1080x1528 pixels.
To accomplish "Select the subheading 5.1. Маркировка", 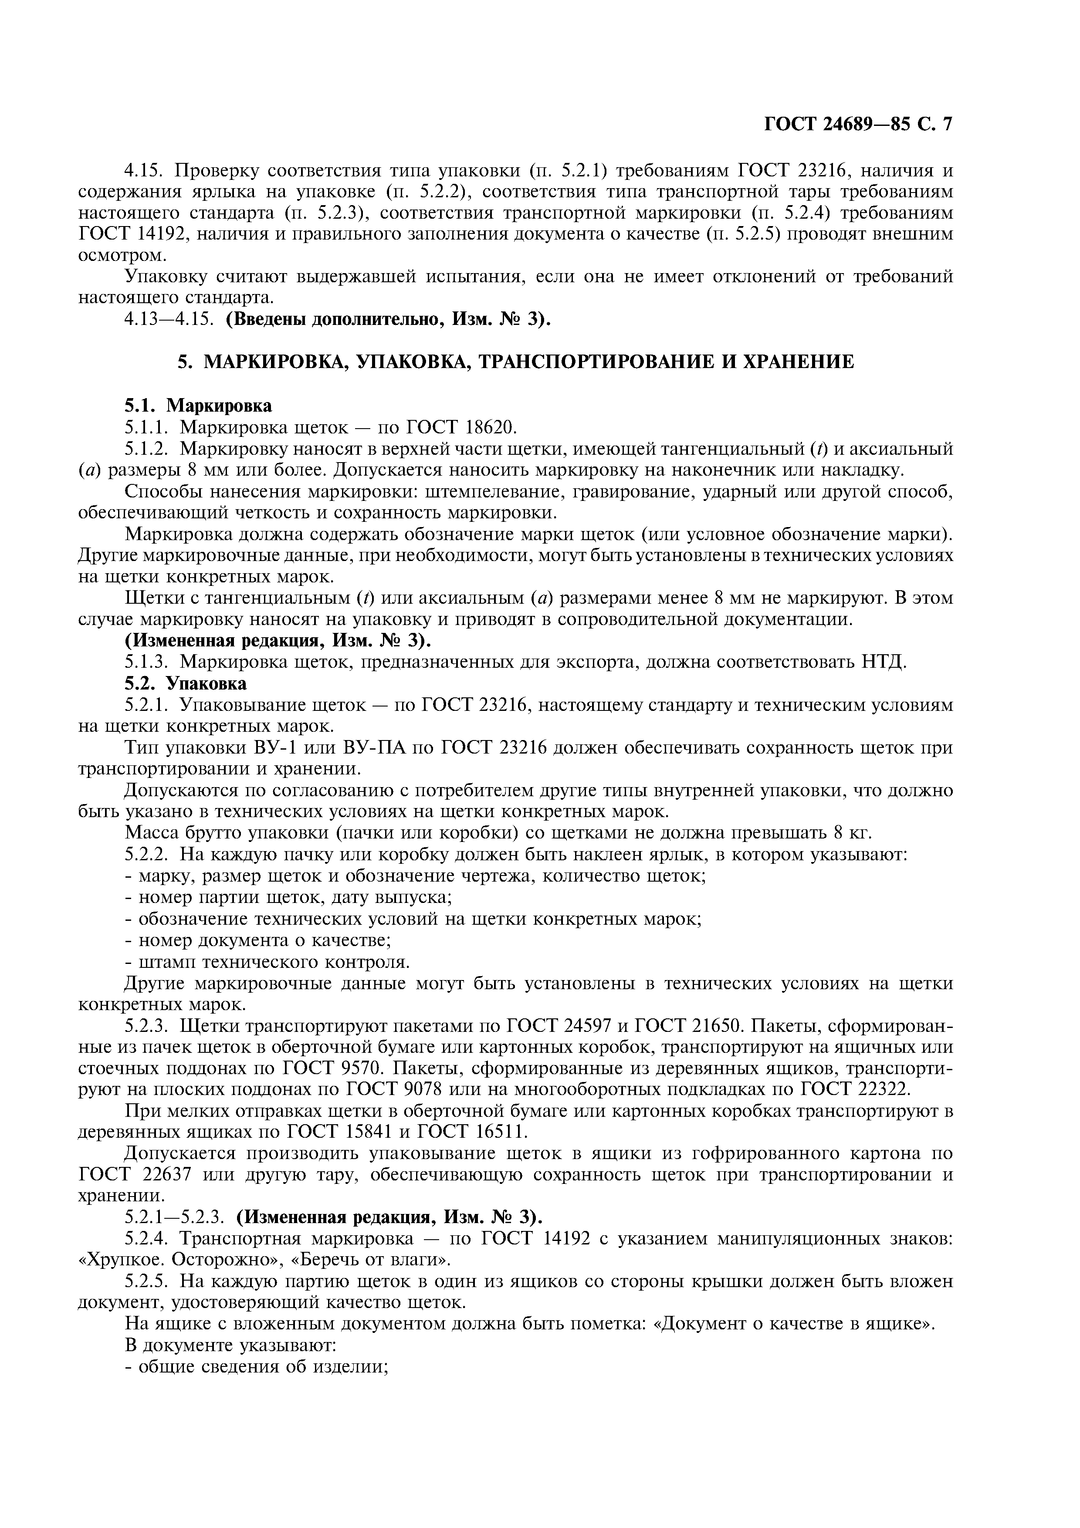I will click(x=198, y=405).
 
